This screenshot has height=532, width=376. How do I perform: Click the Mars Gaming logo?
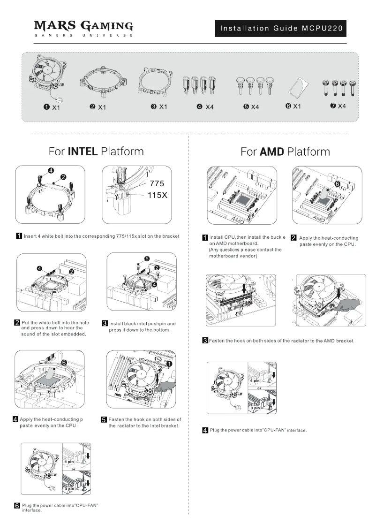click(84, 28)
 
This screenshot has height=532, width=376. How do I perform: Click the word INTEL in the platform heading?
click(83, 152)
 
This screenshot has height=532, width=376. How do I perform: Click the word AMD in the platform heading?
click(271, 152)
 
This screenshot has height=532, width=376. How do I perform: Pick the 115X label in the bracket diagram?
click(158, 195)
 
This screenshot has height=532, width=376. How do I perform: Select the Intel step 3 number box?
click(105, 324)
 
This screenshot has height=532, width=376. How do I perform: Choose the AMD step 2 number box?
click(294, 238)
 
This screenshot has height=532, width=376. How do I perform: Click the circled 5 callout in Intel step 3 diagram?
click(147, 258)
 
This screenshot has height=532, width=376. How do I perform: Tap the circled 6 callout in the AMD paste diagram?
click(337, 184)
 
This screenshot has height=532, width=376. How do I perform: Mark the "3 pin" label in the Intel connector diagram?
click(69, 489)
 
